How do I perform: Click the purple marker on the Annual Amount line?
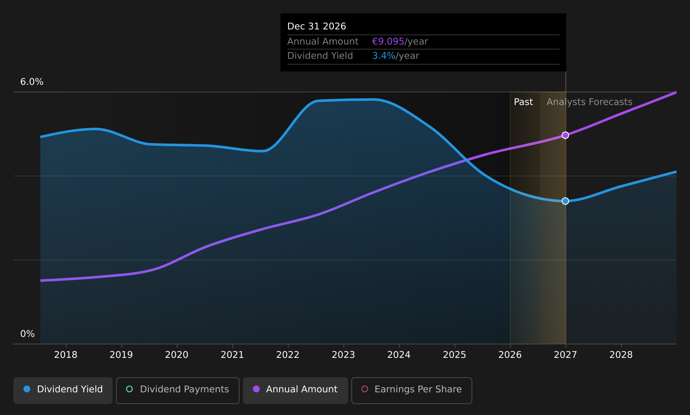tap(565, 135)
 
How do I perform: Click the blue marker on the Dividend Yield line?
tap(565, 201)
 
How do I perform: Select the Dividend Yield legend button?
tap(63, 390)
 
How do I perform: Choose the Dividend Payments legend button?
tap(178, 390)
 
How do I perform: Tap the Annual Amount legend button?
tap(295, 390)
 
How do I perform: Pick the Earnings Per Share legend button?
tap(411, 390)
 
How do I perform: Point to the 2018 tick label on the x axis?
tap(66, 355)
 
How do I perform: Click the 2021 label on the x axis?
tap(232, 355)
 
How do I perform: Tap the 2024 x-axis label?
tap(399, 355)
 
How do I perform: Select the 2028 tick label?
tap(621, 355)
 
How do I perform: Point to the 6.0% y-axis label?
tap(32, 82)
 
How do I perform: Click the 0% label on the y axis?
tap(27, 334)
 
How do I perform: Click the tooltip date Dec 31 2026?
tap(317, 26)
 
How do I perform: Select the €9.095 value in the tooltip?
tap(388, 42)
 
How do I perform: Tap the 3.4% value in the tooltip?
tap(384, 56)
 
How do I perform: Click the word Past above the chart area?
tap(523, 102)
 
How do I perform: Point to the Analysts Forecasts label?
tap(589, 102)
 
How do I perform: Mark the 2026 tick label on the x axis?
tap(510, 355)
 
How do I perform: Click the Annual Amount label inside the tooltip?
tap(323, 42)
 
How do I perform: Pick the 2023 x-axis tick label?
tap(343, 355)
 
